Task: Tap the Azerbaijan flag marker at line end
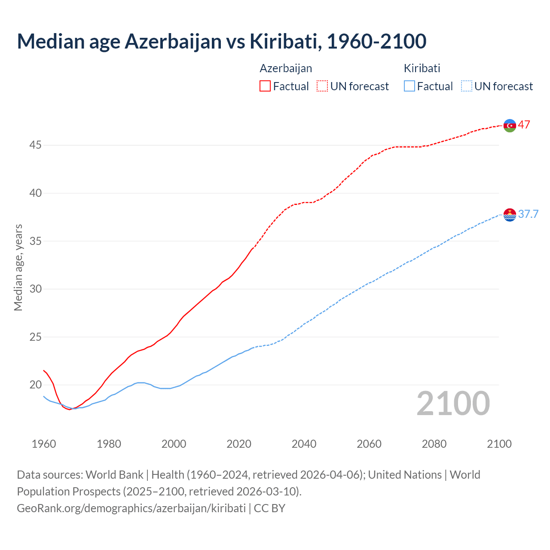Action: [x=510, y=125]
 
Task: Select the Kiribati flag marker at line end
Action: [x=510, y=214]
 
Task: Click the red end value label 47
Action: [x=524, y=125]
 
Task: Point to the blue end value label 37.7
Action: [x=528, y=214]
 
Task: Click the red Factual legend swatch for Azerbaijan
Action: [x=265, y=86]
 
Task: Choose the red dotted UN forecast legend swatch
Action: [x=322, y=86]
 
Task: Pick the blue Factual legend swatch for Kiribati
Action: [x=409, y=86]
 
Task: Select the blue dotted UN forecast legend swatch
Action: [x=466, y=86]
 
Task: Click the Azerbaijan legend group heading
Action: [x=286, y=68]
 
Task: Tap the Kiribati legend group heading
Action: [x=422, y=68]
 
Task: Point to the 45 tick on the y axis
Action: [x=35, y=145]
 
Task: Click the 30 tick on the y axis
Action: [x=35, y=289]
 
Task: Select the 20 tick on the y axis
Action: [x=35, y=385]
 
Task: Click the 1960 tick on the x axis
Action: [x=44, y=444]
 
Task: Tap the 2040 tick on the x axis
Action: [x=304, y=444]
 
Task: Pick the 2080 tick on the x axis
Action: [x=434, y=444]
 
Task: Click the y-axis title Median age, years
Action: [x=18, y=267]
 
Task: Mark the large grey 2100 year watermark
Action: [x=453, y=403]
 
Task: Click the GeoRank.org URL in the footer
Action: [x=131, y=508]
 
